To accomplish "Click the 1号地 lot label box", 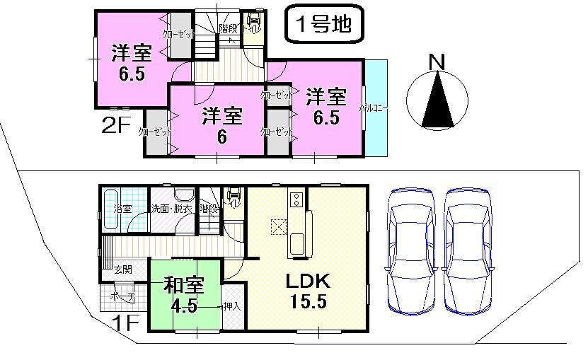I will click(x=323, y=25).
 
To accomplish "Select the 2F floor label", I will click(x=117, y=127).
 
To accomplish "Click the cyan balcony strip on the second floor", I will click(x=376, y=108).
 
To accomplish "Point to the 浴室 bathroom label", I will click(x=122, y=209).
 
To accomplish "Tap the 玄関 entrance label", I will click(x=123, y=269).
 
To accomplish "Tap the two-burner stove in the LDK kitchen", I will click(x=295, y=199).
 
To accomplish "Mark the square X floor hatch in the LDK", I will click(x=277, y=226).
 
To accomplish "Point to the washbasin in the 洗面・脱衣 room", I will click(x=183, y=197).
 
